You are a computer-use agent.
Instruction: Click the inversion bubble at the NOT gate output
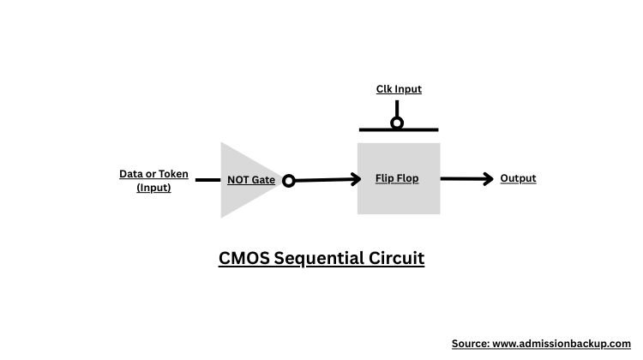(x=289, y=181)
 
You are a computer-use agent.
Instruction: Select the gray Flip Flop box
(x=399, y=201)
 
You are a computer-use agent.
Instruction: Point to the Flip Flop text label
(x=397, y=178)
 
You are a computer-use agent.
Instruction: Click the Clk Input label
(x=399, y=89)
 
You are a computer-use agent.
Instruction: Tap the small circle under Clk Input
(x=397, y=123)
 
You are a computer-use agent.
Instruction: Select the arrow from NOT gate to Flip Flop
(x=326, y=180)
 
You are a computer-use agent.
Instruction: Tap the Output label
(x=518, y=178)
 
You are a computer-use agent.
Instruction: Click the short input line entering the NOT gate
(x=207, y=180)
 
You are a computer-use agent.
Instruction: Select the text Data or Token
(x=153, y=174)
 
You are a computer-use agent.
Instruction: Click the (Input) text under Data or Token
(x=153, y=188)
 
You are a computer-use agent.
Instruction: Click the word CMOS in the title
(x=243, y=258)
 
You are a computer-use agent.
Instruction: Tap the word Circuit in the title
(x=396, y=258)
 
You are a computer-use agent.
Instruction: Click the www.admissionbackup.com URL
(x=562, y=343)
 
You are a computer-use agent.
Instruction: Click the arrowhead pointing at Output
(x=489, y=178)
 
